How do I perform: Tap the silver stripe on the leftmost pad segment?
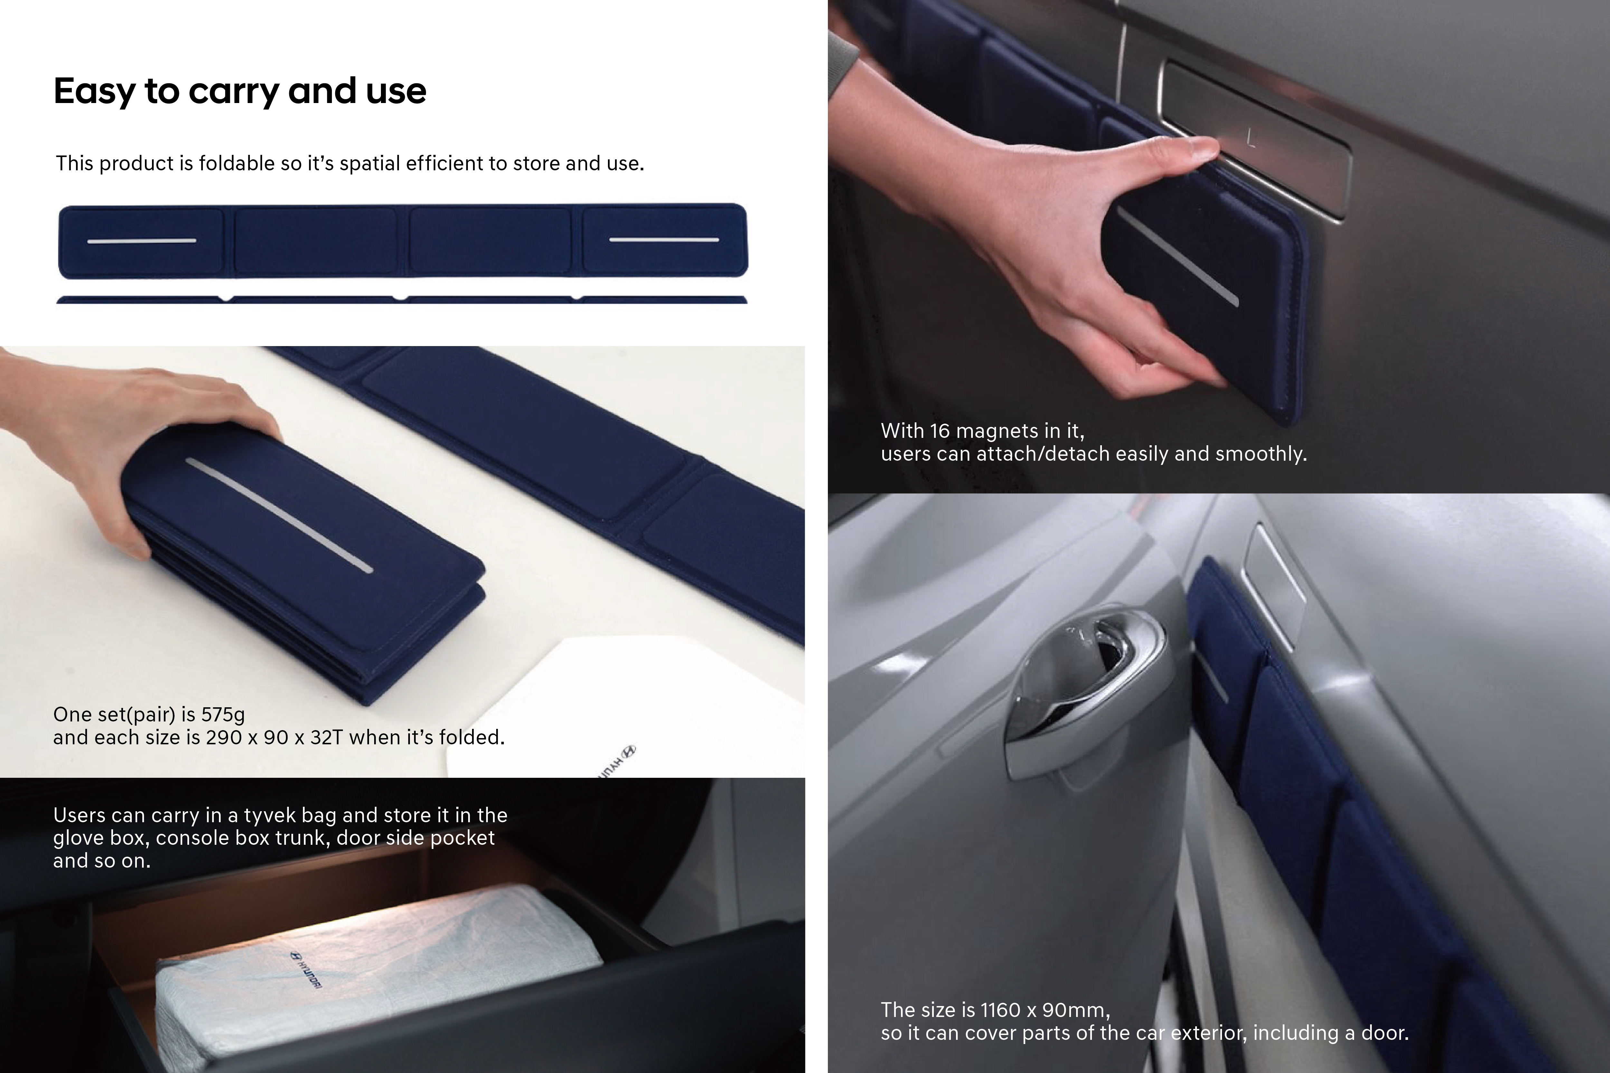(142, 241)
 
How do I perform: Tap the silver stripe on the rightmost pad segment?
(664, 240)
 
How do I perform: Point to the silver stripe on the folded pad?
(279, 515)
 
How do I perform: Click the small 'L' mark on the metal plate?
(1251, 139)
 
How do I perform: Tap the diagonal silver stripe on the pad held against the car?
(1177, 257)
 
